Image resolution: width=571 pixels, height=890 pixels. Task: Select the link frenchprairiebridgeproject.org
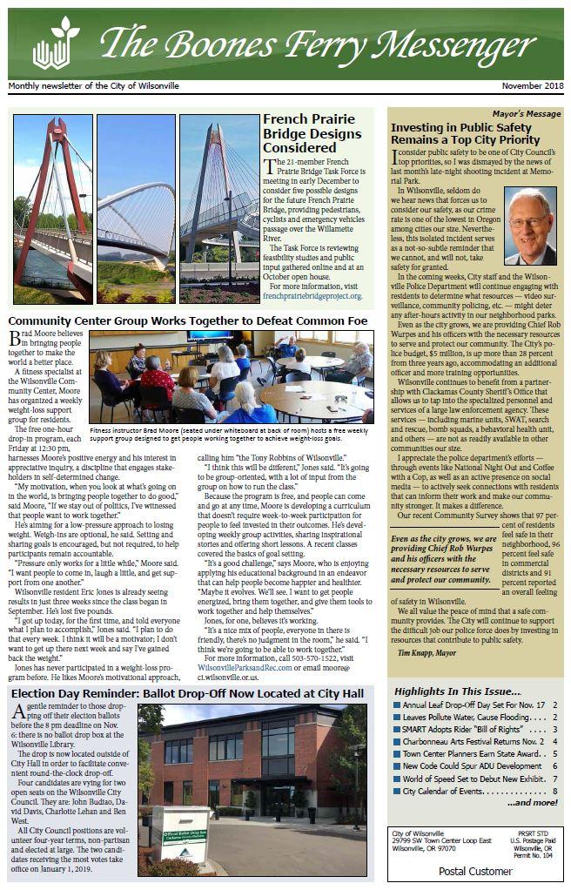coord(312,296)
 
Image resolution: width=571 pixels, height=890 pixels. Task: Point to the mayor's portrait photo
coord(530,226)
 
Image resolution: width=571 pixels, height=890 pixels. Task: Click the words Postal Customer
coord(475,871)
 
